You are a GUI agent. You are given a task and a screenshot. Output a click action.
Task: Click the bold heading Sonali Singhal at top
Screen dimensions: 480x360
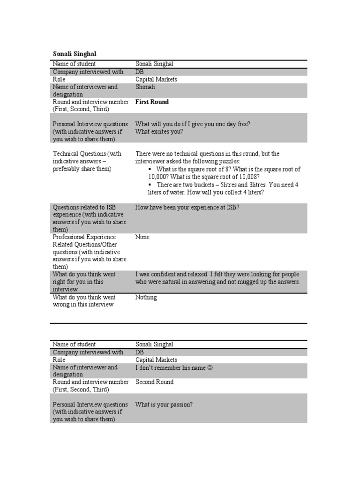[x=74, y=54]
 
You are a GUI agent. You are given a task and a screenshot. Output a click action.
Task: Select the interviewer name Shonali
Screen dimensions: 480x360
[x=145, y=87]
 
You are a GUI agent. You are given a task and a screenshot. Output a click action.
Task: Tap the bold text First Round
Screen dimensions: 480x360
[x=152, y=102]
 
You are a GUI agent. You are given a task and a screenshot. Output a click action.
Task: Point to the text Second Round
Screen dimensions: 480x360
[x=154, y=382]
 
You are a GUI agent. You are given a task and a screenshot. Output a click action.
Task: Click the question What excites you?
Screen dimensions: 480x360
[x=159, y=132]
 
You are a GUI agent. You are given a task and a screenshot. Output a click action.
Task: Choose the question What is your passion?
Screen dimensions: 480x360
[x=164, y=405]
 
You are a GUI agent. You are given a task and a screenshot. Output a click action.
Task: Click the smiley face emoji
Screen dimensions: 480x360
[x=210, y=368]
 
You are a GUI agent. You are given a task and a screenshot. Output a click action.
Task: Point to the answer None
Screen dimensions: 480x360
[x=142, y=237]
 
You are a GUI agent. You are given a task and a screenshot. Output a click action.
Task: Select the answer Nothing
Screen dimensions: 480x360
[x=146, y=297]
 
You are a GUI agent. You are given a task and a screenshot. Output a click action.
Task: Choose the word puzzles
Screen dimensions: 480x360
[x=228, y=161]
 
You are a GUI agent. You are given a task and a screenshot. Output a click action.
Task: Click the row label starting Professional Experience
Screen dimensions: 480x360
[x=84, y=237]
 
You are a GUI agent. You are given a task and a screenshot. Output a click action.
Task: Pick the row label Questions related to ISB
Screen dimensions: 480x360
[x=85, y=207]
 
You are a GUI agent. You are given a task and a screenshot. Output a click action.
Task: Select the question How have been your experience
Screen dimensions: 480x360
[x=187, y=207]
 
